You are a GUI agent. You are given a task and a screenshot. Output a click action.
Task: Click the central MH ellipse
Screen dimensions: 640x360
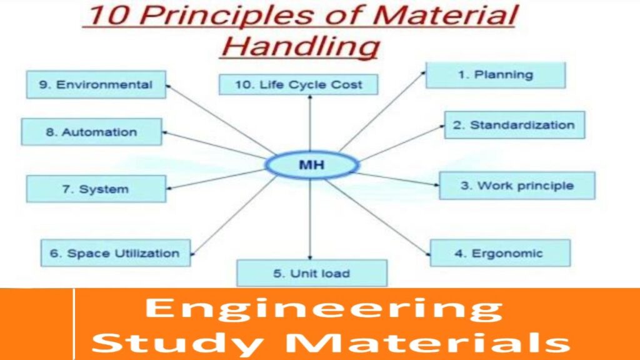312,165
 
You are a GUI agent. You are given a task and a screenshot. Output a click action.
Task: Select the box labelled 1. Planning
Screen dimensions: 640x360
496,75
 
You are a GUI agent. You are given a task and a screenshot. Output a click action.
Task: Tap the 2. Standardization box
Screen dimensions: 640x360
514,125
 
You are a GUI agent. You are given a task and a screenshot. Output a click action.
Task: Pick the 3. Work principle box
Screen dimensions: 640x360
517,186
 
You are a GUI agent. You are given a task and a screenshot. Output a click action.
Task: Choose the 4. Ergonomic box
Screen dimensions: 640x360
500,253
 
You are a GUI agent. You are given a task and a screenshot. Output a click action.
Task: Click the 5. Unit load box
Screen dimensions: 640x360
312,273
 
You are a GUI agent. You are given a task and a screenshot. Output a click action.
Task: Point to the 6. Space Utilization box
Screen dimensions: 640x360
116,253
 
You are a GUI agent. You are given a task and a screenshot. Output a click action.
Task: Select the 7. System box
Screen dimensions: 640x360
96,189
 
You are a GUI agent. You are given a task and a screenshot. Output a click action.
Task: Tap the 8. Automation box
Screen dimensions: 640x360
91,132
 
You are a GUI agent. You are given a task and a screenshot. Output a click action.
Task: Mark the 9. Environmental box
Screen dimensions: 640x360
96,84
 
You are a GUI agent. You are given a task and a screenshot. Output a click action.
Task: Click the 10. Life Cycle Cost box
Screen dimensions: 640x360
298,84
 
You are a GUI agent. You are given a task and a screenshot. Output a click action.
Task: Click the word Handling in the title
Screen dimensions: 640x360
300,46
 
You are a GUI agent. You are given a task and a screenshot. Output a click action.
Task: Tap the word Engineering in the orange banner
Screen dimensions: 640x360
324,308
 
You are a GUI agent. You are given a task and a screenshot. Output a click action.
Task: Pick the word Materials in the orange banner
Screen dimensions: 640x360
427,341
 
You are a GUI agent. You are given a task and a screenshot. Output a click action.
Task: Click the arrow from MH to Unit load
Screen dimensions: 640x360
310,219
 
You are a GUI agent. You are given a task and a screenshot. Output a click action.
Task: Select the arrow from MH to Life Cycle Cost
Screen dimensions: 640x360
310,123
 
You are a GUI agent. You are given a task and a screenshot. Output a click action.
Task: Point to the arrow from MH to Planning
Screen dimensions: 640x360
382,111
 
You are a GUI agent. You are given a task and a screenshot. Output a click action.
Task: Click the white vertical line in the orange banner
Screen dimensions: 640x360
74,324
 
